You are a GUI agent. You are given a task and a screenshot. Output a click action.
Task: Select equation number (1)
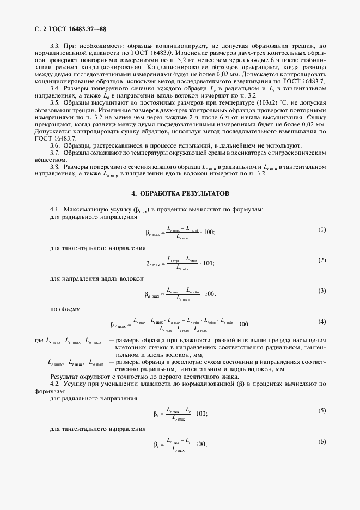321,229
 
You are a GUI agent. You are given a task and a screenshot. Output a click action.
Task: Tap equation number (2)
321,260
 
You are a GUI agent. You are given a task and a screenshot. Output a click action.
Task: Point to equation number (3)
321,291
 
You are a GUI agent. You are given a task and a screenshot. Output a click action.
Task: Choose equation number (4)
321,321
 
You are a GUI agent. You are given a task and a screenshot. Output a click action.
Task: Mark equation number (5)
321,410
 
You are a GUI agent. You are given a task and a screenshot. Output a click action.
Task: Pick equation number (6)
321,441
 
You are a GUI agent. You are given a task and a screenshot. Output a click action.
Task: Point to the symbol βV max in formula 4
118,325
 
